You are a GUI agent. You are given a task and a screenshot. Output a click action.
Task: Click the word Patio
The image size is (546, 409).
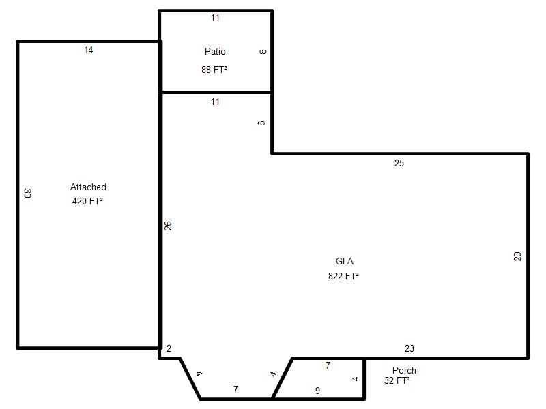click(215, 52)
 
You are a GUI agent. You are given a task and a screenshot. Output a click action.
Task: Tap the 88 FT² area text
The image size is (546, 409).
click(214, 70)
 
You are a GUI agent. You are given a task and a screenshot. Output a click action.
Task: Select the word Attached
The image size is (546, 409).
click(88, 187)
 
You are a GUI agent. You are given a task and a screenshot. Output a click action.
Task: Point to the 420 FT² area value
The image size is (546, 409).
click(87, 201)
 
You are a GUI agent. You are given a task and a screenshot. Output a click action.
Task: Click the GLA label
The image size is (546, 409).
click(345, 261)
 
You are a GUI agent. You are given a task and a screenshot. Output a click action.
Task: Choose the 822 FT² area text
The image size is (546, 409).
click(343, 276)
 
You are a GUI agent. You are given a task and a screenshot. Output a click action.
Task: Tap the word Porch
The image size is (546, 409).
click(404, 370)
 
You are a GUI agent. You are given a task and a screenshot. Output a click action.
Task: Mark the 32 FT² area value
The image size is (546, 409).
click(397, 380)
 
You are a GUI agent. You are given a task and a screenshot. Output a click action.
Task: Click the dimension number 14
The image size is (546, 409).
click(89, 50)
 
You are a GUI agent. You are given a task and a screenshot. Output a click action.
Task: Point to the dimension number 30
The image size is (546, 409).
click(28, 193)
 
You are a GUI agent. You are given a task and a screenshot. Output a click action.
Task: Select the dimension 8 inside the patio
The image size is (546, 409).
click(263, 52)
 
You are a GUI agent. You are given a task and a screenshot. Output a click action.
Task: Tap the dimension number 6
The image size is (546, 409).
click(261, 123)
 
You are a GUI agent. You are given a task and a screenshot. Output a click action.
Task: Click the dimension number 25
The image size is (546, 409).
click(399, 163)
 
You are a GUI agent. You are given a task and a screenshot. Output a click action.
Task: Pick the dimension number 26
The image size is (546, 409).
click(168, 226)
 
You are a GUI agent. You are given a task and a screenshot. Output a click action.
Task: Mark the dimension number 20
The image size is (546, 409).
click(517, 257)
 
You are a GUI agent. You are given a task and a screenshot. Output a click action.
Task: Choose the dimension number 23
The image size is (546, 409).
click(409, 348)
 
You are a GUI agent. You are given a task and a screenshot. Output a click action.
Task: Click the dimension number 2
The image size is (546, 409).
click(169, 348)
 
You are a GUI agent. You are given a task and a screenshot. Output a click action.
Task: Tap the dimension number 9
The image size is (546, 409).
click(317, 391)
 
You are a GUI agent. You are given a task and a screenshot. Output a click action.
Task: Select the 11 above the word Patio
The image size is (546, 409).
click(215, 18)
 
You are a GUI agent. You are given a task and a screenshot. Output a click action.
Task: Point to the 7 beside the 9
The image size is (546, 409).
click(328, 365)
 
